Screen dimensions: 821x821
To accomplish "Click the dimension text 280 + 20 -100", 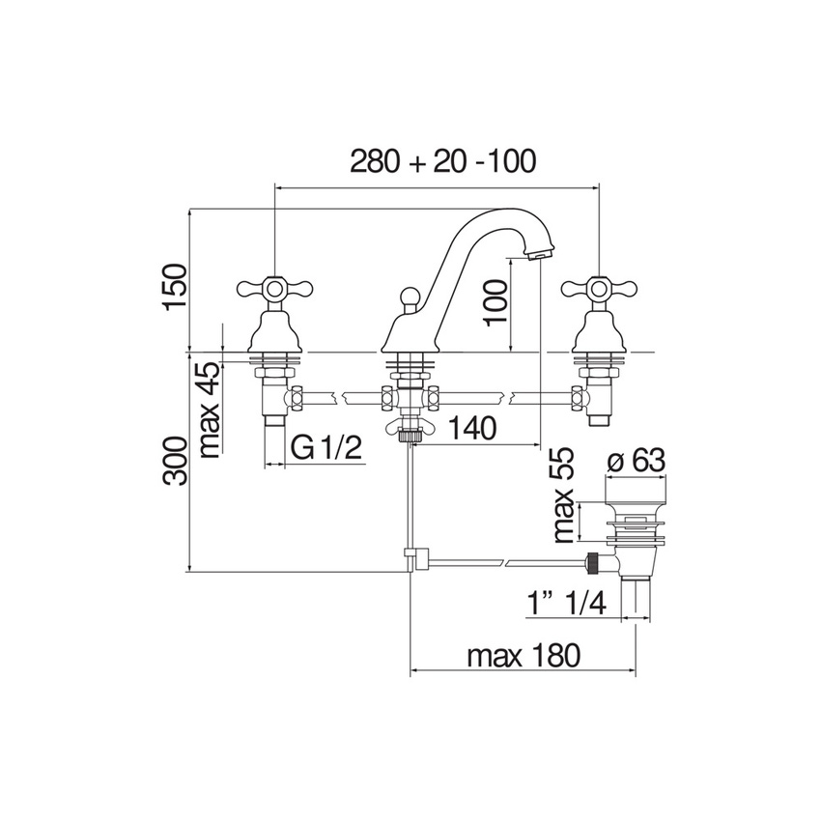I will click(x=441, y=160).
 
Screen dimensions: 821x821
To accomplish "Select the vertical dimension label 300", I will click(x=174, y=462).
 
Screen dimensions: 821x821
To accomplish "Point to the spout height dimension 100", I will click(x=494, y=302).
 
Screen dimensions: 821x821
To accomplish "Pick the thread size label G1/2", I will click(x=326, y=446).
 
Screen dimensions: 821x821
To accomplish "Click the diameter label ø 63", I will click(x=637, y=461).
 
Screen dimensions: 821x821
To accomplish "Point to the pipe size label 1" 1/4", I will click(x=567, y=605).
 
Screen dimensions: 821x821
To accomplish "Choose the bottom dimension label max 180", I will click(x=524, y=657).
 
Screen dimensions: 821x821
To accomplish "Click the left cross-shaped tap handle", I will click(x=275, y=287).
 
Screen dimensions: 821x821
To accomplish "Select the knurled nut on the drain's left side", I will click(x=594, y=561).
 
